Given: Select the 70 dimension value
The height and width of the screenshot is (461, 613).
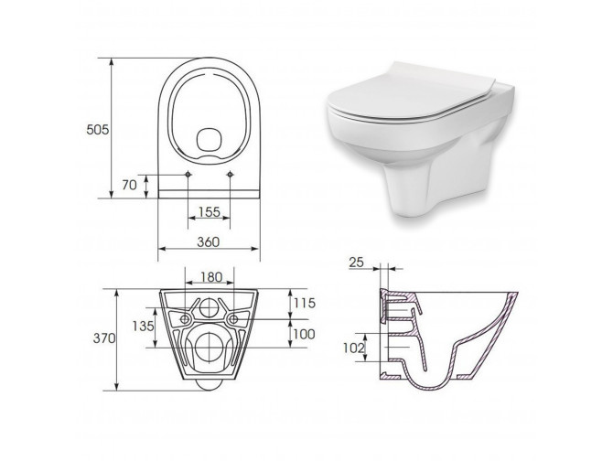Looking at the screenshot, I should tap(130, 184).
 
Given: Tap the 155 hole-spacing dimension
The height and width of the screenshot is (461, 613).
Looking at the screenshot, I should tap(208, 212).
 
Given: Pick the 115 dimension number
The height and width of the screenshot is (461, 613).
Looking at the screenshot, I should tap(303, 302).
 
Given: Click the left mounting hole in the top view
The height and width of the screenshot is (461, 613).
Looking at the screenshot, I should tap(188, 174).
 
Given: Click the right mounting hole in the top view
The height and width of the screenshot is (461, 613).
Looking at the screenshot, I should tap(229, 174).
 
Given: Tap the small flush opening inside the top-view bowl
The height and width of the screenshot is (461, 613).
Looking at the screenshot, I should tap(209, 139).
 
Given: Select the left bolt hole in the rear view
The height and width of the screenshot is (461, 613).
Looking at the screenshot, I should tap(186, 318).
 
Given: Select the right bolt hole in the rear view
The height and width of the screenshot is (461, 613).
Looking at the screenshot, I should tap(234, 318).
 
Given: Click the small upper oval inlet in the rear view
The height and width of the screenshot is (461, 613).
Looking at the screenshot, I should tap(210, 304).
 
